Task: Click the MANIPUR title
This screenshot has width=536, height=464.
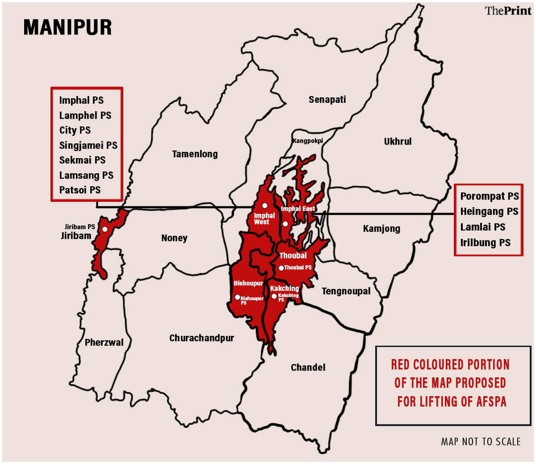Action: pyautogui.click(x=67, y=27)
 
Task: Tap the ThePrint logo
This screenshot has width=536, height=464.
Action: pyautogui.click(x=508, y=11)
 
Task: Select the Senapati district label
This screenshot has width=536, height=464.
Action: pyautogui.click(x=327, y=100)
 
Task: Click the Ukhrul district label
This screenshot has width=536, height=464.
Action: pyautogui.click(x=398, y=142)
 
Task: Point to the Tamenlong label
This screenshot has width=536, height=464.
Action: pyautogui.click(x=195, y=154)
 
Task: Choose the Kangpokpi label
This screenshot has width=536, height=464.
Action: pyautogui.click(x=307, y=141)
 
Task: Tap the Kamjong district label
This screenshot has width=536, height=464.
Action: pyautogui.click(x=381, y=229)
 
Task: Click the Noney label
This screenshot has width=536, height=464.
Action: pyautogui.click(x=174, y=238)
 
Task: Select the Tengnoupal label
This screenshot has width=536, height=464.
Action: pyautogui.click(x=346, y=291)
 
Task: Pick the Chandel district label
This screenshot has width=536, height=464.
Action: pyautogui.click(x=308, y=368)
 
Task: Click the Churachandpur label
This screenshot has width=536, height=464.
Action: pyautogui.click(x=201, y=338)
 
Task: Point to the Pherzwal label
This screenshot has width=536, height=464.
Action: pyautogui.click(x=104, y=343)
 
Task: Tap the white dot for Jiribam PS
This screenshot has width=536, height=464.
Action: pyautogui.click(x=105, y=229)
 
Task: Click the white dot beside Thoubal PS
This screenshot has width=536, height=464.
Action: pyautogui.click(x=281, y=268)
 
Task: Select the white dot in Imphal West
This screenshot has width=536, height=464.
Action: pyautogui.click(x=264, y=206)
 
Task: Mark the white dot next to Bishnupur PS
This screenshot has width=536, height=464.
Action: pyautogui.click(x=237, y=297)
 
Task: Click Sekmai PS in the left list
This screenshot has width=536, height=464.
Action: pyautogui.click(x=82, y=160)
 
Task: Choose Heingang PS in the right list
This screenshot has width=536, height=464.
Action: pyautogui.click(x=489, y=212)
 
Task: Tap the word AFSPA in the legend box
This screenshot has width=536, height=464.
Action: pyautogui.click(x=491, y=401)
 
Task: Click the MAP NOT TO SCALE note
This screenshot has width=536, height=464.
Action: pyautogui.click(x=481, y=442)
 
